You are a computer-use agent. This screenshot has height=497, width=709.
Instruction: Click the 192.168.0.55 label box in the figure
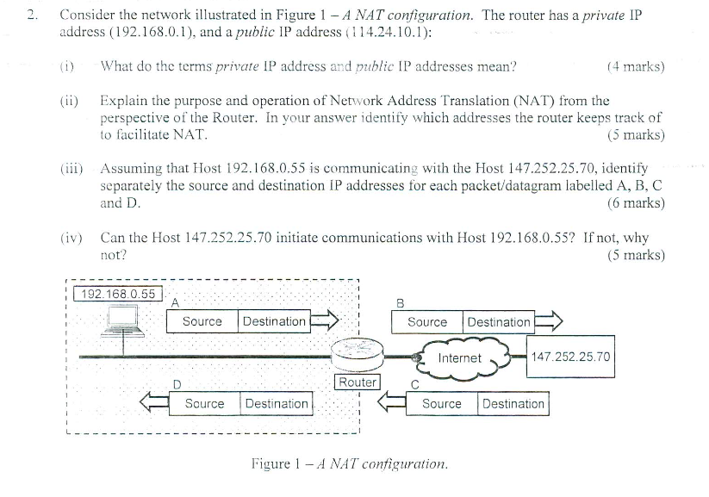coord(118,294)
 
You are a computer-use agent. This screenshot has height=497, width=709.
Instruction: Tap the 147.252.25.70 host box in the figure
coord(570,357)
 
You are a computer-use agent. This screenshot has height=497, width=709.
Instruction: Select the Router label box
coord(357,382)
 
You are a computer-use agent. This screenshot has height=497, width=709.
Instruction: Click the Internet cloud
coord(459,357)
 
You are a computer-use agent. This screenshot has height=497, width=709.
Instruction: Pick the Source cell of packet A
coord(202,321)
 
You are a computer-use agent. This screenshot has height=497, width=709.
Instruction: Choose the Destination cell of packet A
coord(274,321)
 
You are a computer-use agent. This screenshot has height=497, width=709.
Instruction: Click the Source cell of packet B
coord(427,322)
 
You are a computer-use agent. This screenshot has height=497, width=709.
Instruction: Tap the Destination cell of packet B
coord(499,322)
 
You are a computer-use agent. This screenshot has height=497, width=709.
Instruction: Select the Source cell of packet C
coord(442,403)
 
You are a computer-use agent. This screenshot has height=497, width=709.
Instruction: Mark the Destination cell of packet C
coord(513,403)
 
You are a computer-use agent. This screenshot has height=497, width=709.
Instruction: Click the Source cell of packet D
coord(205,403)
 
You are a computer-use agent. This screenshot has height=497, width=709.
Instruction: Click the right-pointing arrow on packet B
coord(548,322)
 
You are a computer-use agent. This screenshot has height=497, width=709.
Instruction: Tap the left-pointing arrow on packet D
coord(156,402)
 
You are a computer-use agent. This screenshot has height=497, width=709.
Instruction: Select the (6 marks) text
coord(636,203)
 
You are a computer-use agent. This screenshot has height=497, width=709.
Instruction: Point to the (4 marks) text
coord(636,65)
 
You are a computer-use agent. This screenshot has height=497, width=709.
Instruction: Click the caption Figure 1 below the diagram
coord(349,463)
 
